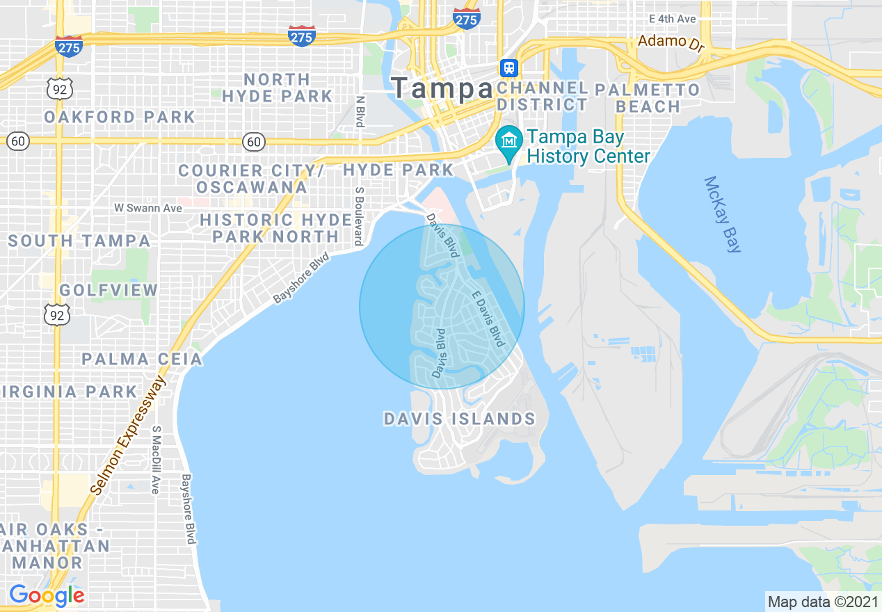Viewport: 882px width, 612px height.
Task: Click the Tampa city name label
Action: coord(441,88)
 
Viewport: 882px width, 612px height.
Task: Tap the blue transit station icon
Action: coord(509,67)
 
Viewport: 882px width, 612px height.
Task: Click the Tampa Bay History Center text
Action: coord(588,147)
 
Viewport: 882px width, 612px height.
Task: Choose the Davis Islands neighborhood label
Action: coord(459,419)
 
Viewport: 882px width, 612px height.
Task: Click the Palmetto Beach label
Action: coord(648,98)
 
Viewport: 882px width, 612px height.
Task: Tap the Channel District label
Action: coord(543,97)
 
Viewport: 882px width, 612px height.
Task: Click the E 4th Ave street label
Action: coord(672,19)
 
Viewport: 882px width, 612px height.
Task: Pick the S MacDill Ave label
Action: coord(157,460)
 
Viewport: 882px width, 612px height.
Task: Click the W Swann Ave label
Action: coord(148,208)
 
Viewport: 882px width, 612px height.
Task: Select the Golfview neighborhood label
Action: coord(109,290)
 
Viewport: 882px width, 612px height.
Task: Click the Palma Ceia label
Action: coord(142,360)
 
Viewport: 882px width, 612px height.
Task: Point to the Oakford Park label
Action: coord(120,117)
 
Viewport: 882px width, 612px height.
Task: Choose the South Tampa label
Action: coord(79,241)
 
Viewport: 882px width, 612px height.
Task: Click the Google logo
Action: coord(47,595)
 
